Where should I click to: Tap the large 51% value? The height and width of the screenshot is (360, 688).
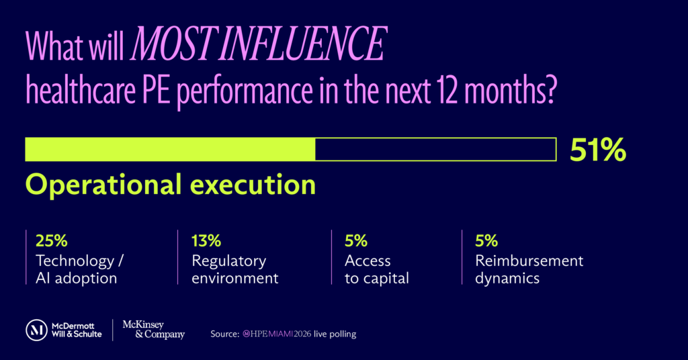click(597, 150)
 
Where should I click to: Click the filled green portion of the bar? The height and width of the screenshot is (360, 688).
click(169, 150)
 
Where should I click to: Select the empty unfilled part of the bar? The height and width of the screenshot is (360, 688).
click(435, 150)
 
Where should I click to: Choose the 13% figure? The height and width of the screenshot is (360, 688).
click(206, 240)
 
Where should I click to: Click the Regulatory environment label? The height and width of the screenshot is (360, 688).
click(234, 269)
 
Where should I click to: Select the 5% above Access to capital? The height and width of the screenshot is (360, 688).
click(355, 240)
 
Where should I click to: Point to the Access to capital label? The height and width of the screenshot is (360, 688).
click(376, 269)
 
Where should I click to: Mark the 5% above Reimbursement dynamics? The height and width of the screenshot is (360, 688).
click(486, 240)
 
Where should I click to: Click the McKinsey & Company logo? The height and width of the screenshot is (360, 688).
click(153, 330)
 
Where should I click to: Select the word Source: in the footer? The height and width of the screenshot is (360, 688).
click(225, 334)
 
